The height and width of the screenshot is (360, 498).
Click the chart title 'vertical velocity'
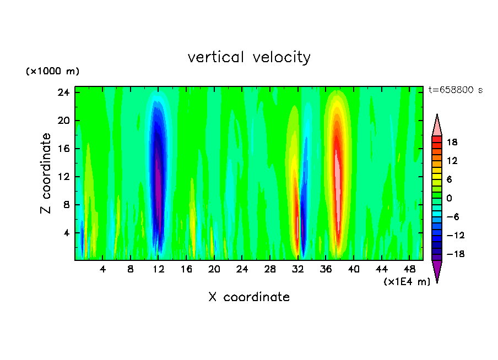pyautogui.click(x=249, y=57)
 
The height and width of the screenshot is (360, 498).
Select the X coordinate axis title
pyautogui.click(x=249, y=297)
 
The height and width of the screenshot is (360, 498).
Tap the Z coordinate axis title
pyautogui.click(x=46, y=173)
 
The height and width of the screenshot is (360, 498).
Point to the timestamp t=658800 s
pyautogui.click(x=455, y=90)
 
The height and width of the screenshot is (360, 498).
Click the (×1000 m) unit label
pyautogui.click(x=52, y=72)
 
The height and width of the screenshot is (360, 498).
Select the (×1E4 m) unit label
pyautogui.click(x=407, y=282)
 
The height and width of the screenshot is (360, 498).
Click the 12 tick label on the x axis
pyautogui.click(x=159, y=270)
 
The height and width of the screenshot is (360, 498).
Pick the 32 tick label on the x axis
pyautogui.click(x=298, y=270)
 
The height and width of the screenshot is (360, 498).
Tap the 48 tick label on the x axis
pyautogui.click(x=409, y=270)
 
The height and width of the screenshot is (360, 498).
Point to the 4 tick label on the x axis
pyautogui.click(x=102, y=270)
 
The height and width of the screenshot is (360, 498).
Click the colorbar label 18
pyautogui.click(x=452, y=142)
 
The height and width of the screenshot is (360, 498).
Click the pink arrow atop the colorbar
pyautogui.click(x=437, y=125)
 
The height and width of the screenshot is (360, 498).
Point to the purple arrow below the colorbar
pyautogui.click(x=437, y=271)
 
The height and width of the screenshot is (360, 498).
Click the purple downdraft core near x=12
pyautogui.click(x=159, y=176)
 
